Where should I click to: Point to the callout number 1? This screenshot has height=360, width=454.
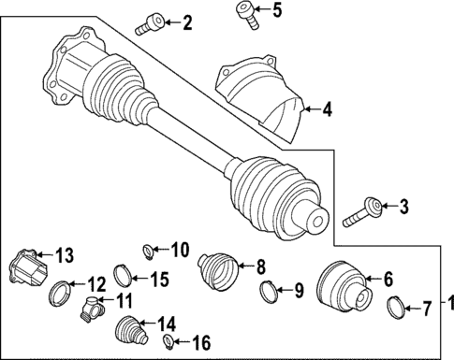point(447,304)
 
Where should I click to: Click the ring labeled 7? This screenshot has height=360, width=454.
point(397,305)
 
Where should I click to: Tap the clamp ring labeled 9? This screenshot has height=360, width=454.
point(267,292)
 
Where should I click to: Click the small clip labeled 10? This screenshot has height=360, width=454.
point(148,250)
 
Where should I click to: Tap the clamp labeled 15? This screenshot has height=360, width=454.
point(122,276)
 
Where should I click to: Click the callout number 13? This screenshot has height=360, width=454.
point(63,255)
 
